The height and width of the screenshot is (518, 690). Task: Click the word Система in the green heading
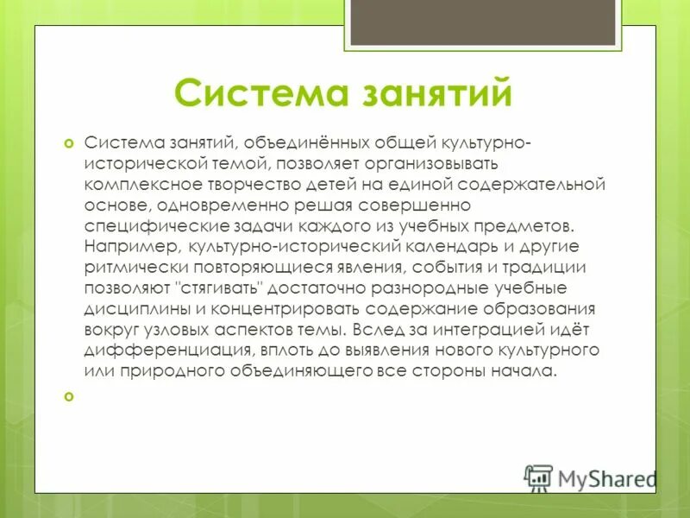point(251,93)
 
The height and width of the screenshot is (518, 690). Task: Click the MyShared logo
point(591,477)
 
